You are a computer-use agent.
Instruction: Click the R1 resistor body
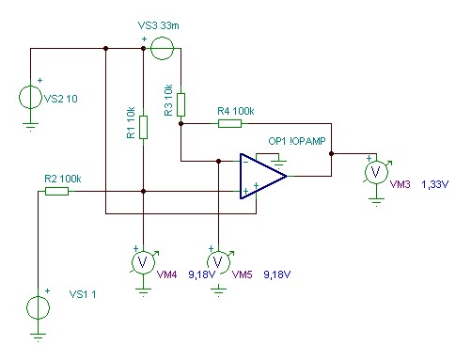143,127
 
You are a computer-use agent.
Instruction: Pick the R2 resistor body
56,191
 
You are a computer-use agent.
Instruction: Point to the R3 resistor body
181,104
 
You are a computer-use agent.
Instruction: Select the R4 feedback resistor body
229,123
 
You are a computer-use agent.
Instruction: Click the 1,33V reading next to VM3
435,184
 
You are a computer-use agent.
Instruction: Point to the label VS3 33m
159,25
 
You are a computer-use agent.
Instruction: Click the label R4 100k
236,111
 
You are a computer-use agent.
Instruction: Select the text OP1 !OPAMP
297,141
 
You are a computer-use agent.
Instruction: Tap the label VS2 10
61,99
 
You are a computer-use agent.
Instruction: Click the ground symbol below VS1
38,337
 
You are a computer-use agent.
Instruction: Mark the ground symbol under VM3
376,202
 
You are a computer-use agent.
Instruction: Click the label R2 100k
63,179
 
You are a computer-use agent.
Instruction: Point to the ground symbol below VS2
30,127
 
